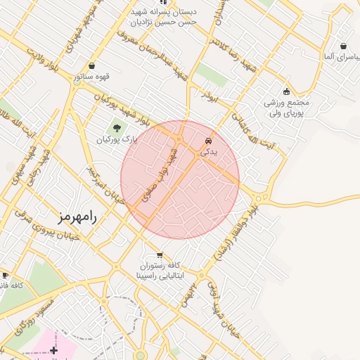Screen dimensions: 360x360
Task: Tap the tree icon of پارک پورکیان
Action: (x=116, y=128)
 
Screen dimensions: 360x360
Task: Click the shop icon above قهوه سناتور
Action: (x=92, y=65)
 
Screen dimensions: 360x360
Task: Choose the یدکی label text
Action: (x=210, y=151)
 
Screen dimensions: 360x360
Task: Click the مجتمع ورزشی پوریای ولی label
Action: (x=286, y=108)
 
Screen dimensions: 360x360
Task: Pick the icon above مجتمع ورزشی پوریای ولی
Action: (x=286, y=91)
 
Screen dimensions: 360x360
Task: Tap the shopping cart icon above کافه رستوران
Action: (x=160, y=255)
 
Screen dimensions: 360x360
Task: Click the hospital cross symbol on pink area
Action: (x=54, y=349)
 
